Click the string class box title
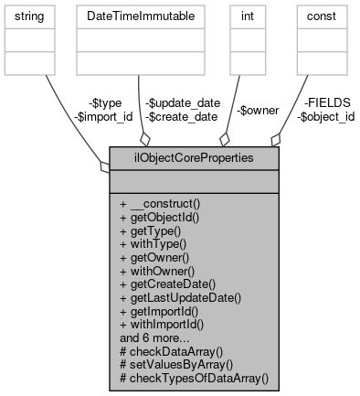click(32, 17)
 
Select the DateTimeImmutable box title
click(136, 17)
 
